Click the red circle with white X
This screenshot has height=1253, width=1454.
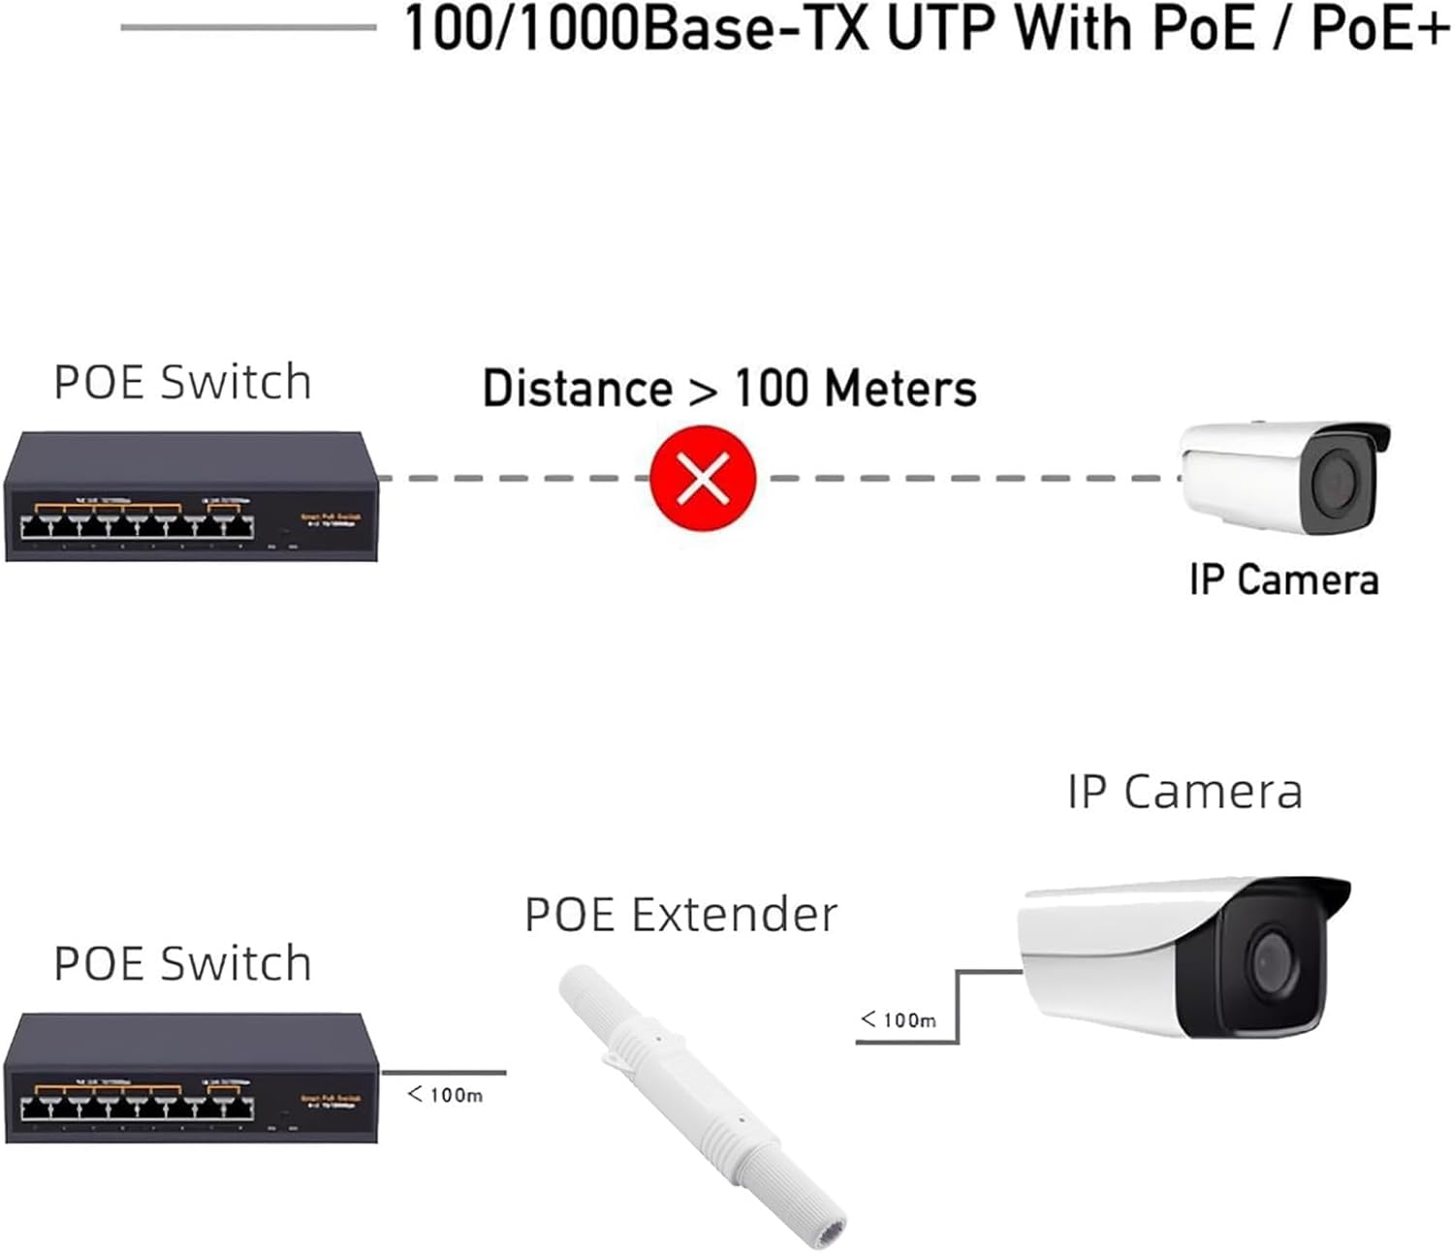click(x=703, y=478)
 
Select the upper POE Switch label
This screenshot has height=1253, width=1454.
click(x=182, y=382)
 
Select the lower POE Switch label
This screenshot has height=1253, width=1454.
click(x=182, y=963)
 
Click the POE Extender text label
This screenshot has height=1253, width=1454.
click(x=680, y=915)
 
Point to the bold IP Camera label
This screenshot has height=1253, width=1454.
click(x=1283, y=580)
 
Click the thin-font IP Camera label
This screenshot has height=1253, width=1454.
click(x=1185, y=792)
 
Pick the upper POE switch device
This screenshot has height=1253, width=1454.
click(x=191, y=496)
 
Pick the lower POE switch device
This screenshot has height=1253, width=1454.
click(x=191, y=1078)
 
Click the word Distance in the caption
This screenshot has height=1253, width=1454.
click(x=578, y=389)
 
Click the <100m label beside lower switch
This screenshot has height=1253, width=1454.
click(x=445, y=1095)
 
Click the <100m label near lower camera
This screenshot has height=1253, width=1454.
click(x=899, y=1019)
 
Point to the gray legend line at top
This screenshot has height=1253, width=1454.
click(x=248, y=27)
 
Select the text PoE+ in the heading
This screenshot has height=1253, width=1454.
click(x=1380, y=29)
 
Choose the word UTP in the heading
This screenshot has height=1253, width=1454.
click(x=939, y=29)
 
